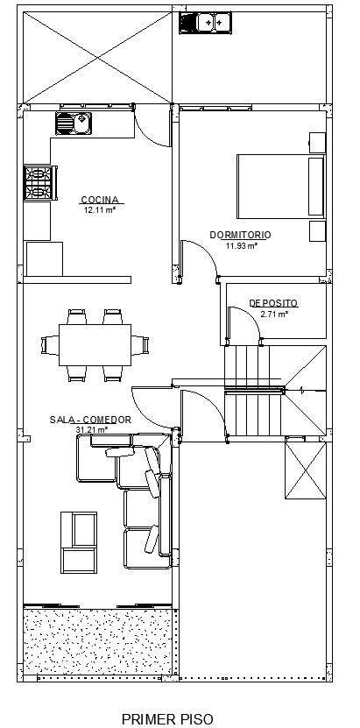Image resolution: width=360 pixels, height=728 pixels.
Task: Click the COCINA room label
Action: pos(100,200)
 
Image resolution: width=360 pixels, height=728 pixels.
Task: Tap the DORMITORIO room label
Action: pos(240,235)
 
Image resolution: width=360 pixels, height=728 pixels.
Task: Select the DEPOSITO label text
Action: pos(273,304)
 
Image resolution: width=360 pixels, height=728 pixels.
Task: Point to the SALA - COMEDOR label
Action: pos(90,420)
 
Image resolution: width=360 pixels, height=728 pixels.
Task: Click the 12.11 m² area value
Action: pos(99,210)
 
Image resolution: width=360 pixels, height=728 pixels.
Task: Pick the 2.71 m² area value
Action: pos(274,314)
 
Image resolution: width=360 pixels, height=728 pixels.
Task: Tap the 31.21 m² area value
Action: pos(92,430)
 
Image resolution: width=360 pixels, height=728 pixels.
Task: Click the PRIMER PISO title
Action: pos(168,719)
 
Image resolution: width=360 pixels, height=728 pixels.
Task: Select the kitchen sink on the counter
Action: pos(74,124)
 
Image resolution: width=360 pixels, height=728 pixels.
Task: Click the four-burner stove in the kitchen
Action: pos(40,183)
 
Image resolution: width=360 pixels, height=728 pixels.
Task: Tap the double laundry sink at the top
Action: pos(205,23)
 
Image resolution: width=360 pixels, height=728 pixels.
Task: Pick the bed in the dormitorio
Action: pos(280,187)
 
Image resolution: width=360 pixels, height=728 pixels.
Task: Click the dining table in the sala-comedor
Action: pos(95,345)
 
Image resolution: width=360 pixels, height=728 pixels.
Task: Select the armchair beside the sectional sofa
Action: pos(79,542)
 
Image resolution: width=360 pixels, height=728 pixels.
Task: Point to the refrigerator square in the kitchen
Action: pos(45,258)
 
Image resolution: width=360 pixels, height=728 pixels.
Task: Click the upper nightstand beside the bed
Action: pos(317,143)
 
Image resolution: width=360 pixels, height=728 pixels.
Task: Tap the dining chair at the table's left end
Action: pos(50,345)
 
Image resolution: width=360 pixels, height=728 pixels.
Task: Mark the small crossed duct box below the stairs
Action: pos(306,470)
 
